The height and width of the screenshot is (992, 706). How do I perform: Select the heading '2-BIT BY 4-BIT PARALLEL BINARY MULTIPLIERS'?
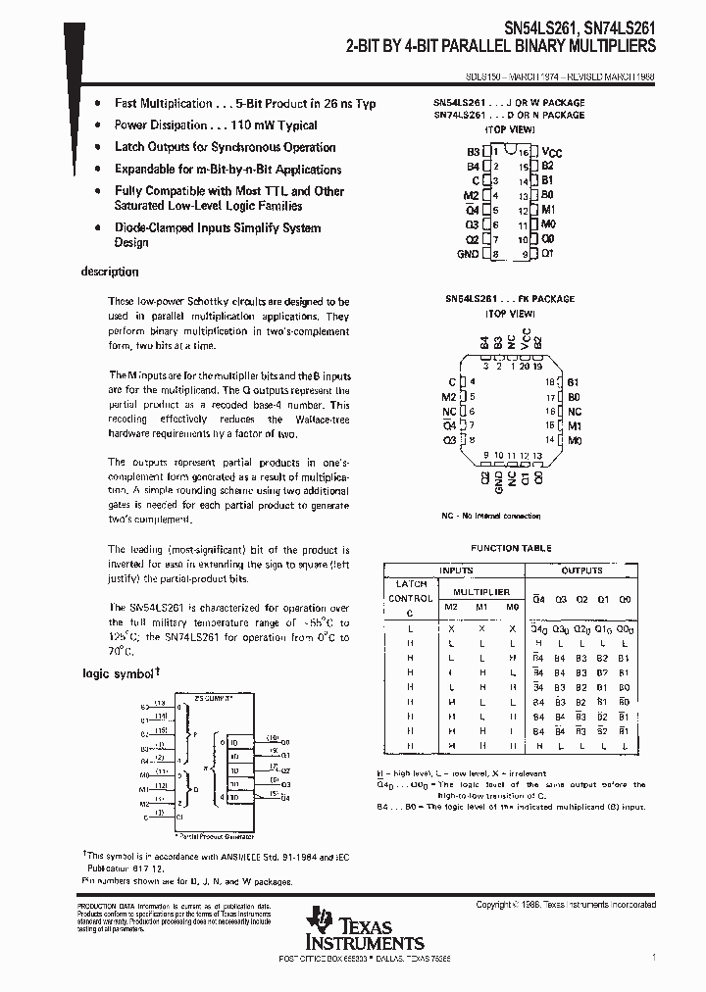click(500, 46)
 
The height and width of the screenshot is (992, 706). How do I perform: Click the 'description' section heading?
click(109, 272)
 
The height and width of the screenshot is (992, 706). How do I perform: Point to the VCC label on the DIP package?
click(552, 154)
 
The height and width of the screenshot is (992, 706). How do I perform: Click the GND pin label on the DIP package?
click(467, 254)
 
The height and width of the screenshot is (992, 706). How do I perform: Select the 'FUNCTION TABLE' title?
click(511, 548)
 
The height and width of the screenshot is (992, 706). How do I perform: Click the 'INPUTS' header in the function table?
click(457, 570)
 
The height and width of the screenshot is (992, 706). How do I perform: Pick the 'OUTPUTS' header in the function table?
click(581, 570)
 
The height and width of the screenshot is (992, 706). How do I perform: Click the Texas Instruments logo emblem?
click(318, 921)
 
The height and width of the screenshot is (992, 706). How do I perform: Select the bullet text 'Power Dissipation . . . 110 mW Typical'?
click(216, 125)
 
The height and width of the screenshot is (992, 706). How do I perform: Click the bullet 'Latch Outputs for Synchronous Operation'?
click(225, 147)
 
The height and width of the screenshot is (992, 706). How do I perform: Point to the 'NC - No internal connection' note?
click(490, 516)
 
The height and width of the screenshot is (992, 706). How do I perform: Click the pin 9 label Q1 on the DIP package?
click(547, 254)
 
